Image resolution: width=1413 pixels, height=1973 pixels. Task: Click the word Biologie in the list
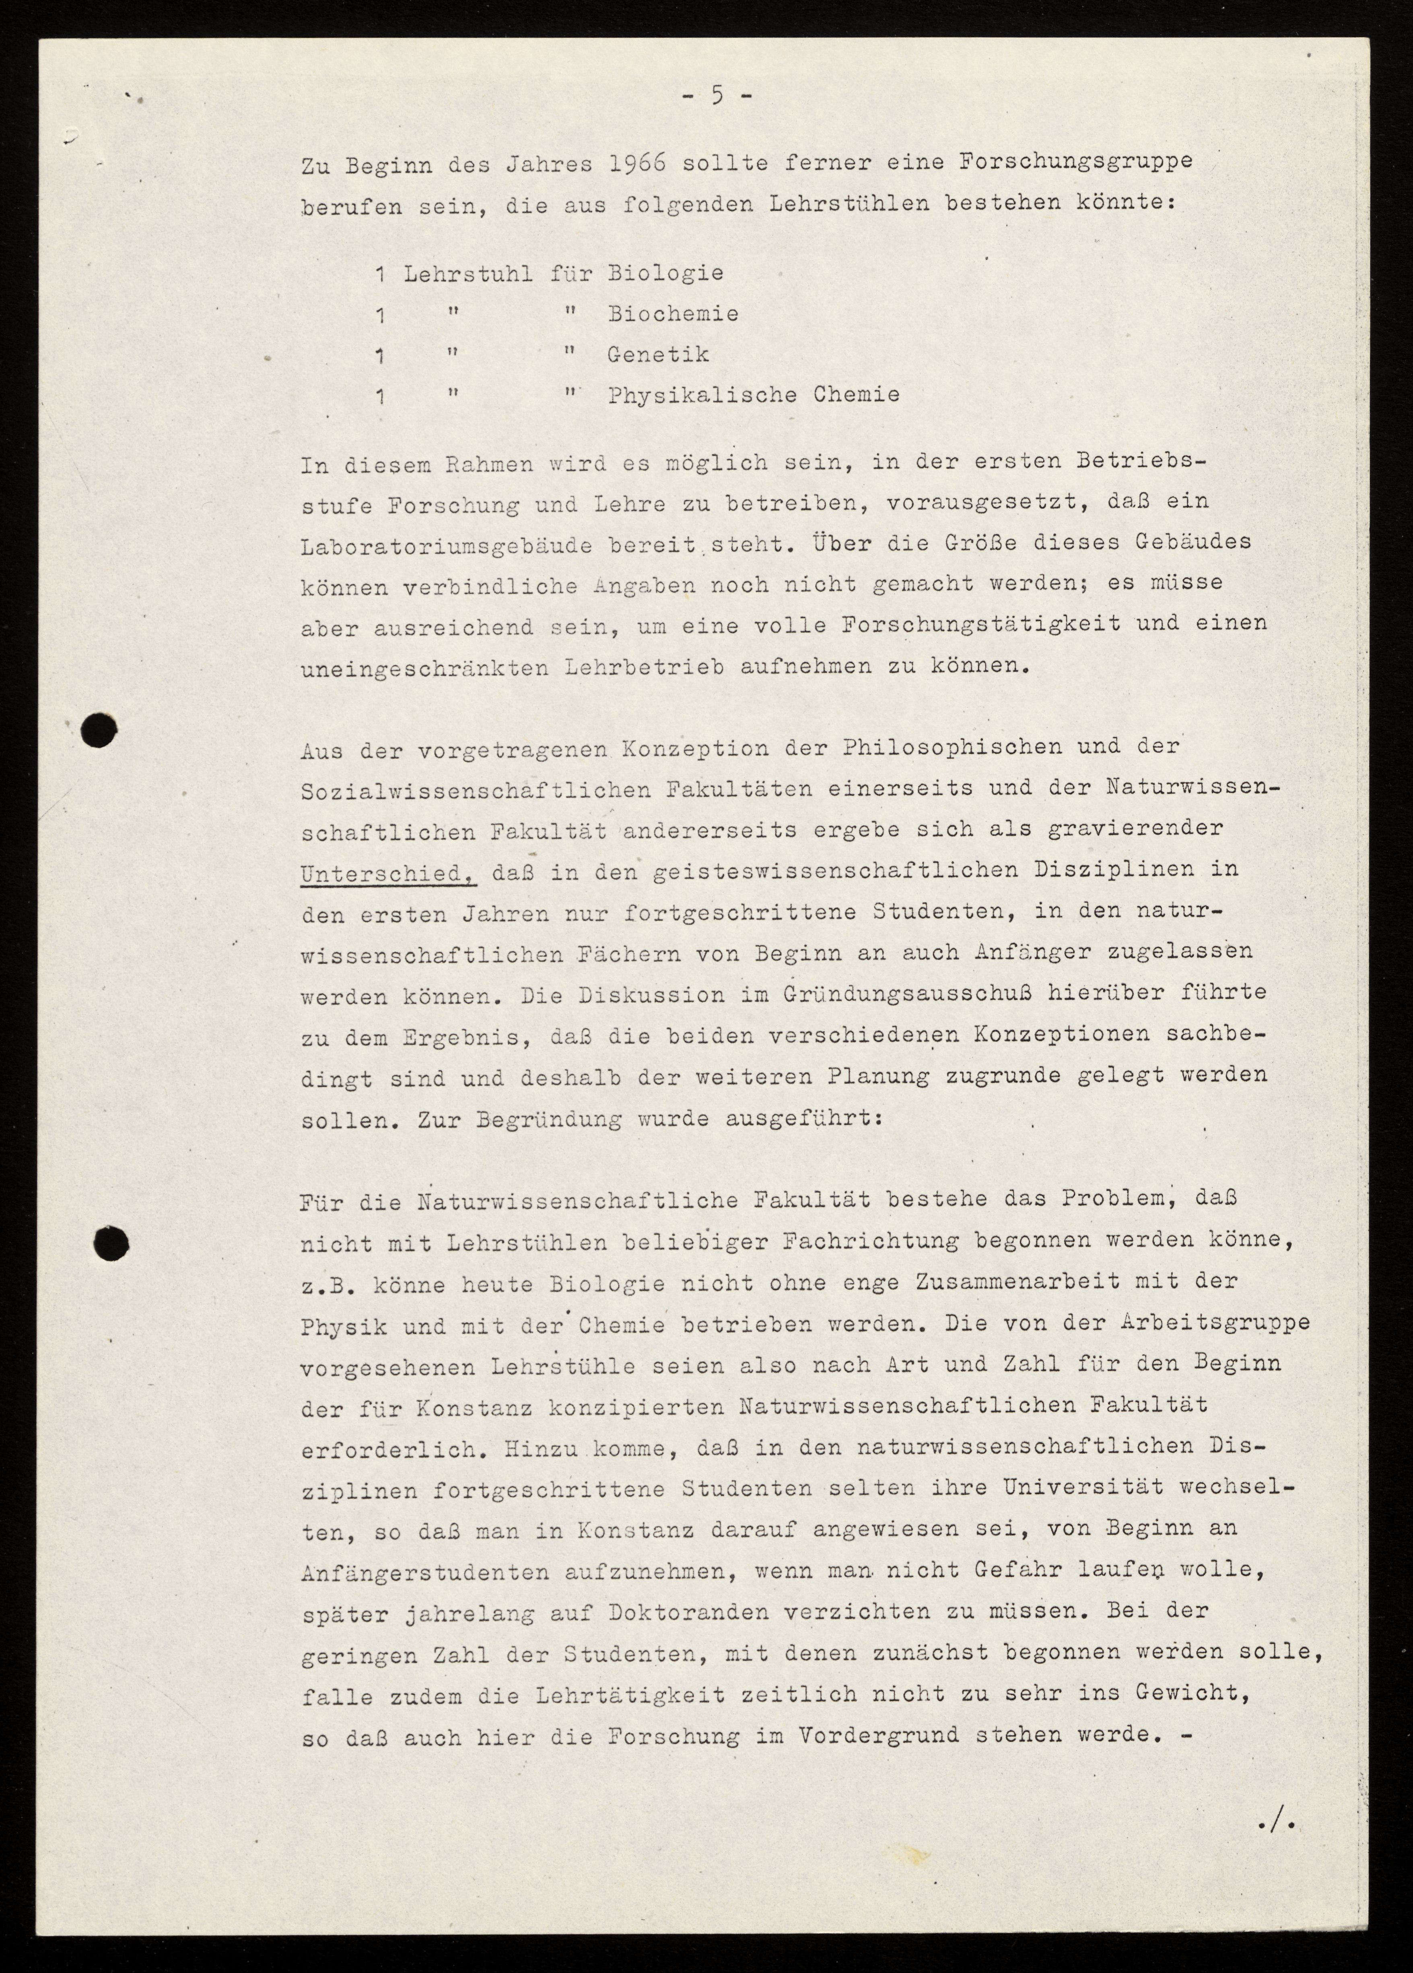click(665, 273)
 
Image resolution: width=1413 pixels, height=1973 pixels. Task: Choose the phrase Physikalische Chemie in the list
click(754, 395)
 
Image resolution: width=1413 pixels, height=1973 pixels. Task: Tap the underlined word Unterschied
click(388, 872)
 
